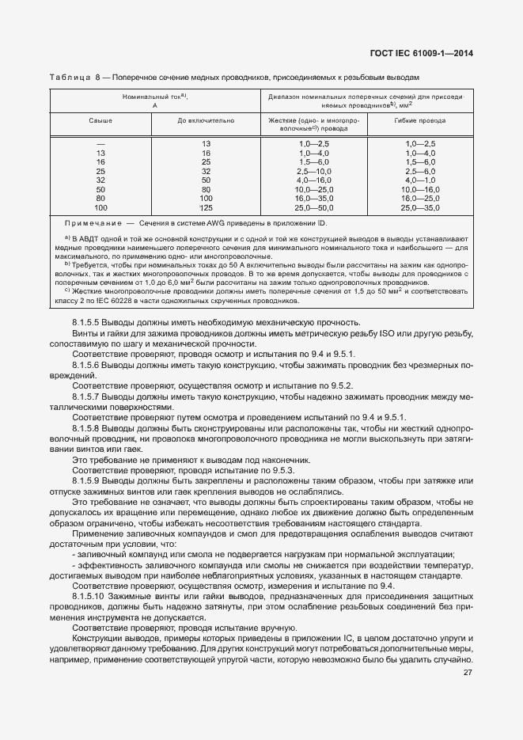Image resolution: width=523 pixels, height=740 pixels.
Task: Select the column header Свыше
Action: pos(100,121)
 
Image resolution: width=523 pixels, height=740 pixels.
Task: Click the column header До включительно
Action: pos(206,121)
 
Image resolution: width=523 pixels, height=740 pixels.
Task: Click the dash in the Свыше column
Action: pos(100,143)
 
